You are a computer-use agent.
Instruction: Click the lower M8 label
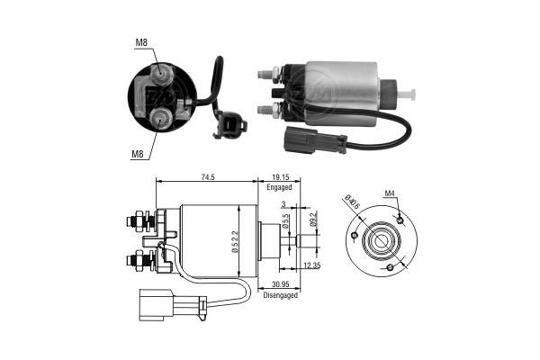pyautogui.click(x=138, y=153)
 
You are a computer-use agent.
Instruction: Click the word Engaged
pyautogui.click(x=280, y=187)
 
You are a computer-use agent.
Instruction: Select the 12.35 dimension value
pyautogui.click(x=311, y=265)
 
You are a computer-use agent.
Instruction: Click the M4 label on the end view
pyautogui.click(x=391, y=193)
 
